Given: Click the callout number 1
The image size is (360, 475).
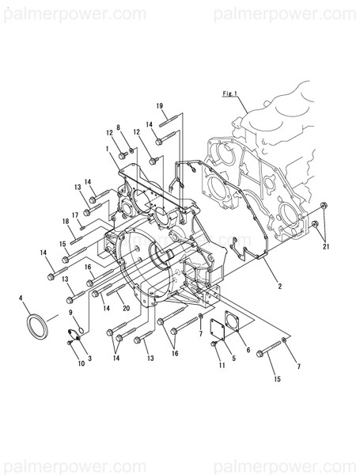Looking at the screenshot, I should pos(106,148).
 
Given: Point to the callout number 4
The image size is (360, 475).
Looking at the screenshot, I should pos(20,298).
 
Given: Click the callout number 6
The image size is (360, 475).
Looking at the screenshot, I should pos(248,349).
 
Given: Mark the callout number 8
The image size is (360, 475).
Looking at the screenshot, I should pos(119,127).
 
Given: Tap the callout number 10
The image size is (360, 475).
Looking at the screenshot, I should pos(80,363).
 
